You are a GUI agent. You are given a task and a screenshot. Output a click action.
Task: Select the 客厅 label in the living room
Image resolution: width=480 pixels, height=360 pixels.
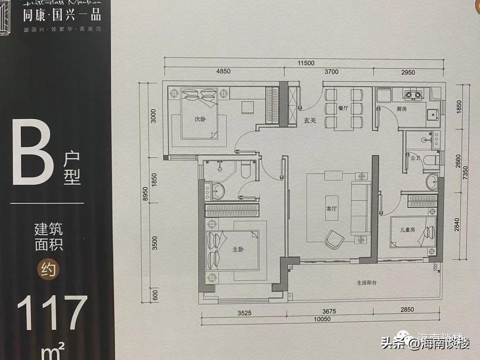tap(332, 208)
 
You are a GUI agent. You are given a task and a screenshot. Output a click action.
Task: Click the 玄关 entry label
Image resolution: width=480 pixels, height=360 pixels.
tap(310, 120)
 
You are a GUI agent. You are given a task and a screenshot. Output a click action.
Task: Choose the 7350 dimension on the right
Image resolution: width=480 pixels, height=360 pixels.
tap(464, 171)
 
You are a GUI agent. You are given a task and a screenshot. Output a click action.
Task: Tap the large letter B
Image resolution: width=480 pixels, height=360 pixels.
tap(30, 156)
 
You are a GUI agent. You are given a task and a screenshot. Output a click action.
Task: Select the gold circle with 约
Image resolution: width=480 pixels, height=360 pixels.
tap(48, 268)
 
